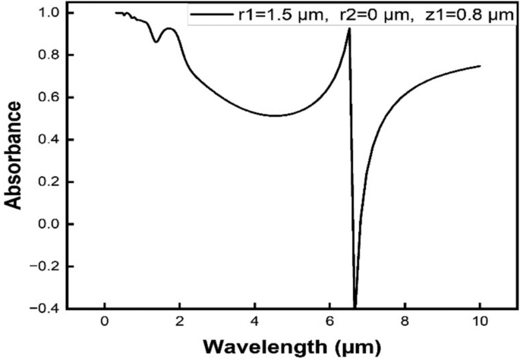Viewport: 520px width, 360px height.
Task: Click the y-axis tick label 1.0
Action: pyautogui.click(x=47, y=13)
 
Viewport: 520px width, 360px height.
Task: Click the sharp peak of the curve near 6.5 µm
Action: pyautogui.click(x=348, y=29)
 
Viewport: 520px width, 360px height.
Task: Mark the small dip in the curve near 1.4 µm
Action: pyautogui.click(x=156, y=42)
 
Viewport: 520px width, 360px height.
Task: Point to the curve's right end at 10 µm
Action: pyautogui.click(x=480, y=66)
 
